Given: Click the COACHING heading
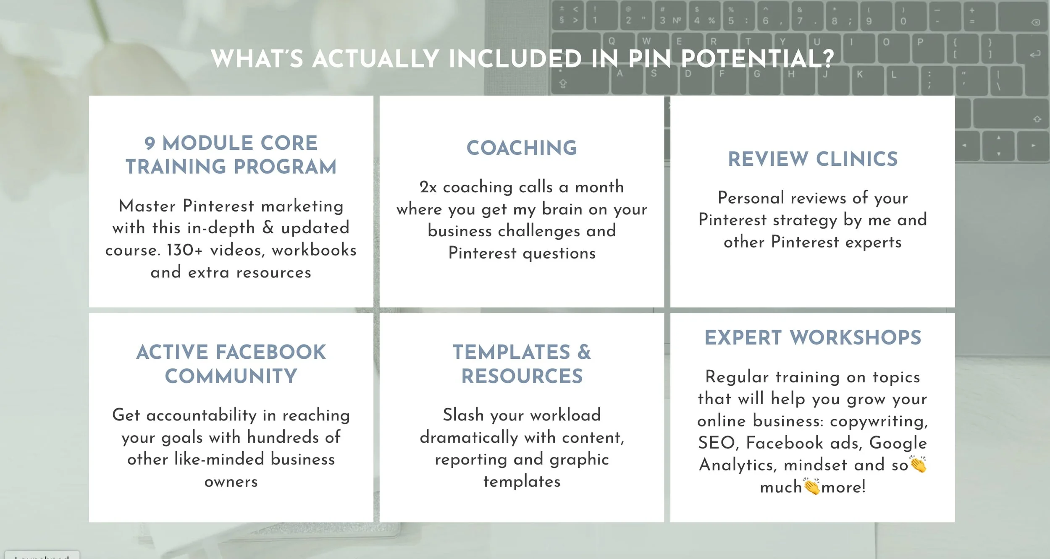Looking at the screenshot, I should (x=522, y=148).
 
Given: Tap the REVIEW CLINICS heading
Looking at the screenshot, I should (x=812, y=159).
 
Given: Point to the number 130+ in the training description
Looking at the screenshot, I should (x=184, y=250).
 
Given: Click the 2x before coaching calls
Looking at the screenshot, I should (x=428, y=187).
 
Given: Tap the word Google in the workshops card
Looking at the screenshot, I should (x=898, y=443).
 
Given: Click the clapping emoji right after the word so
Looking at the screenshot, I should (x=918, y=464).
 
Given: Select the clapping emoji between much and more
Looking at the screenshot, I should (x=811, y=486).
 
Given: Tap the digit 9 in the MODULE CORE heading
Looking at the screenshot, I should (x=150, y=144).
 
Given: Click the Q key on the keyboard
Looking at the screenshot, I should (x=612, y=42).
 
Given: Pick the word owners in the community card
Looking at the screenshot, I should (x=231, y=482).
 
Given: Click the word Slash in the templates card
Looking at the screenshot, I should (x=463, y=415).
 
